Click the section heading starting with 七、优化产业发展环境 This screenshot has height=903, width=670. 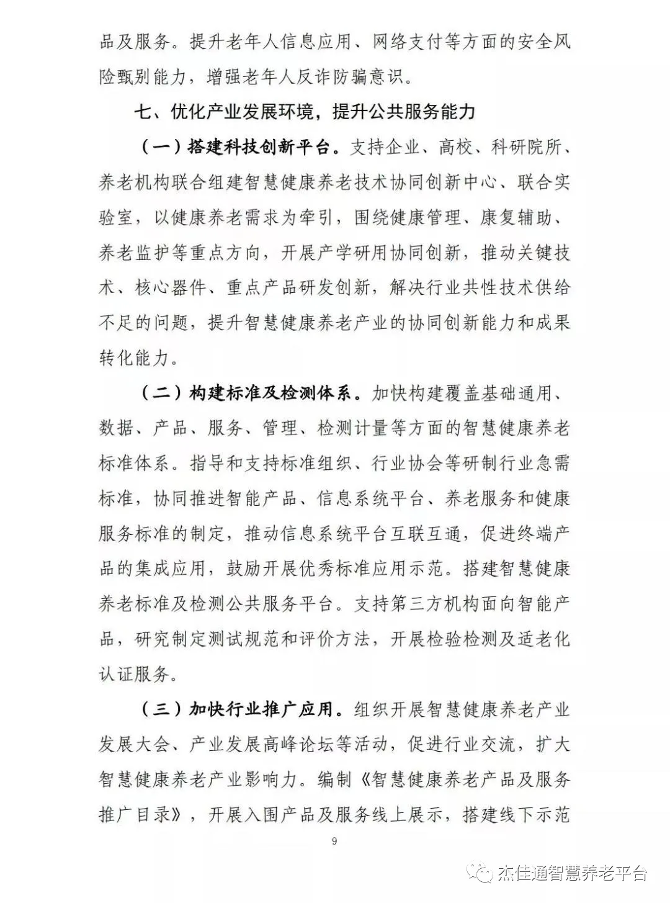coord(305,112)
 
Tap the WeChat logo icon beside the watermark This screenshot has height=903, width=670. coord(482,873)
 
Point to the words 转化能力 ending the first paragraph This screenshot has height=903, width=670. coord(134,358)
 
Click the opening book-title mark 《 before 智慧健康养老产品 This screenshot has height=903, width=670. coord(360,779)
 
